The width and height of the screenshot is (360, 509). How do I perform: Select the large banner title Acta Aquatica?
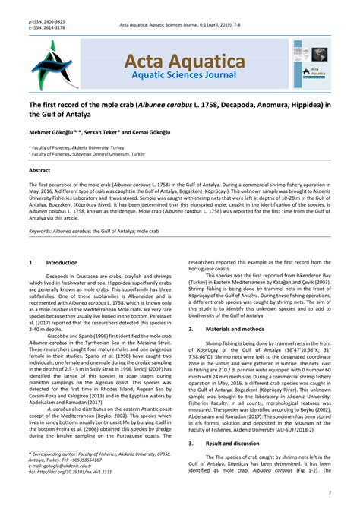[179, 61]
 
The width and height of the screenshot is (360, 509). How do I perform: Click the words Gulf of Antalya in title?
[61, 113]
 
